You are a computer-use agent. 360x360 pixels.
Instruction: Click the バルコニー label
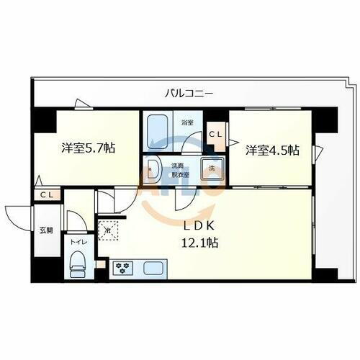189,93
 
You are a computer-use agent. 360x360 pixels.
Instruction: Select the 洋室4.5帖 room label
273,150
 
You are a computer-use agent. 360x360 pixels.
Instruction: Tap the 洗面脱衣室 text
178,169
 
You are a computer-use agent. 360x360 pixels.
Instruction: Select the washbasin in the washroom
152,171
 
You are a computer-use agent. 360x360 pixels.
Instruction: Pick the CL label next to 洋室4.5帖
215,134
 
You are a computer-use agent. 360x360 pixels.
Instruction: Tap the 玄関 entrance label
45,230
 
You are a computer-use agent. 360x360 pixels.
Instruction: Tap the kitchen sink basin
153,269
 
